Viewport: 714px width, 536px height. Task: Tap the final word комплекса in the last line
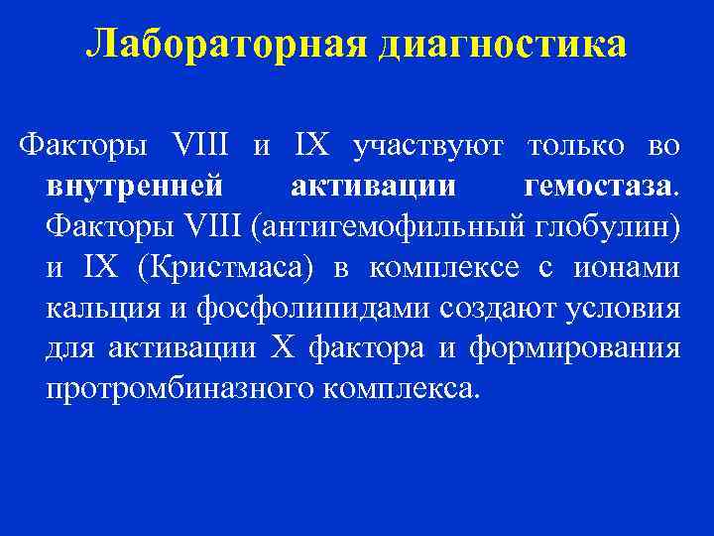pyautogui.click(x=400, y=390)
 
